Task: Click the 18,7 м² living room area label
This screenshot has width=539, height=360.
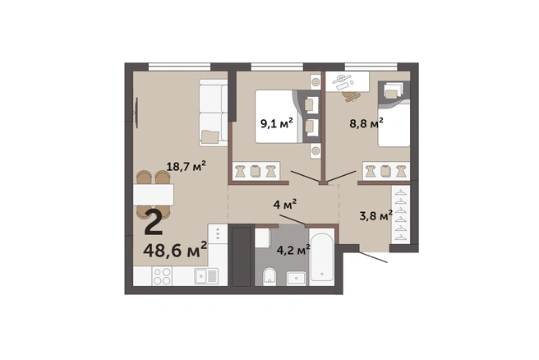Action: [x=186, y=166]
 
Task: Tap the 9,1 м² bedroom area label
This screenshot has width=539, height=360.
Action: [x=277, y=123]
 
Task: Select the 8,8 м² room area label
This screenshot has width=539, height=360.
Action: [x=366, y=123]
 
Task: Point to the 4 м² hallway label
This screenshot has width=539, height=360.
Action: [x=285, y=205]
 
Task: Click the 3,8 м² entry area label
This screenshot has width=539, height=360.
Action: [x=375, y=216]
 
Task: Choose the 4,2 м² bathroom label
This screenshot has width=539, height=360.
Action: [x=293, y=250]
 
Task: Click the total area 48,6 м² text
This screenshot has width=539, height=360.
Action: [x=175, y=250]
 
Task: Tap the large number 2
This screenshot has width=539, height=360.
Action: [x=154, y=223]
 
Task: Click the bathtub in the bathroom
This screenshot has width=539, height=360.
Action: [x=322, y=256]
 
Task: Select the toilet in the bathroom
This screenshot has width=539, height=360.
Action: [x=269, y=276]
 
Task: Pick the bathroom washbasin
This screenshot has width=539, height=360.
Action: [x=297, y=278]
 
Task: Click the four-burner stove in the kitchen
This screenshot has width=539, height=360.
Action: [x=162, y=276]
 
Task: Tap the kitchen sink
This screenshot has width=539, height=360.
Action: [x=206, y=276]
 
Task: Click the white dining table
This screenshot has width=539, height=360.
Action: [x=154, y=195]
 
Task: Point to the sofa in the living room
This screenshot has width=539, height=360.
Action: [x=214, y=113]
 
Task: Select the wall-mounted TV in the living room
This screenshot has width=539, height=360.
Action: [x=137, y=113]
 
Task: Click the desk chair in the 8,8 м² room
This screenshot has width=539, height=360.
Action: [x=352, y=96]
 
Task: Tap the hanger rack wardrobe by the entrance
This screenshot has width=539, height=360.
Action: [x=401, y=214]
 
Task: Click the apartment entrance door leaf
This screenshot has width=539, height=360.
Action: [x=373, y=257]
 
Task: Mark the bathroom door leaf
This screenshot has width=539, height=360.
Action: [x=293, y=219]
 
